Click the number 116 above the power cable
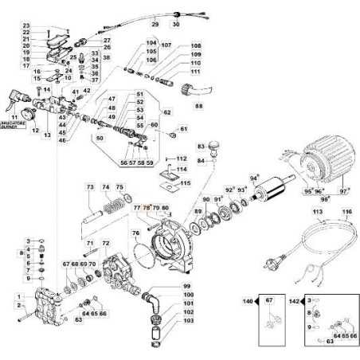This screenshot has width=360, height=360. tap(346, 213)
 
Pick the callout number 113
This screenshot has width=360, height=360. tap(317, 213)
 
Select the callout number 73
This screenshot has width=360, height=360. tap(90, 186)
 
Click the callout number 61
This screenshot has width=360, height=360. tap(184, 129)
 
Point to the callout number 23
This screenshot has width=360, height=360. tap(26, 26)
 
